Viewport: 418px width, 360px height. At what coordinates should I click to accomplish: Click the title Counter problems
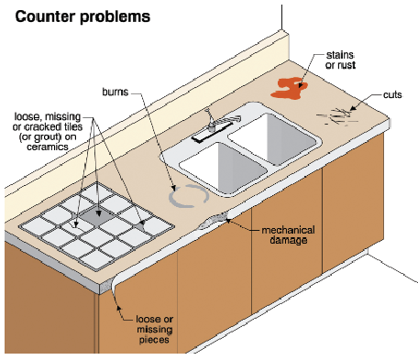82,16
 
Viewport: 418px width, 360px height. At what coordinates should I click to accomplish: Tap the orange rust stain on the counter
289,88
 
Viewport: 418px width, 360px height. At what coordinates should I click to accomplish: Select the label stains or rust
340,60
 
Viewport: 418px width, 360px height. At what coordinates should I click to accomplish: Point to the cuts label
392,95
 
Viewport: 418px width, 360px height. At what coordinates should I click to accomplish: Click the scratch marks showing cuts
337,117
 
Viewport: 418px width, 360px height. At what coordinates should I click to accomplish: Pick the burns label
115,92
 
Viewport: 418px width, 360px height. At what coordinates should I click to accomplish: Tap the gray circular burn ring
189,196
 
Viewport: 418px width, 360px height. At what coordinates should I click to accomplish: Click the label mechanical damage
288,235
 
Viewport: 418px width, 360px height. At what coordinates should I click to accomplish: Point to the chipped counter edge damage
214,221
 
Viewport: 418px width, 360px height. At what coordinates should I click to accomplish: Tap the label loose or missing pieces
154,330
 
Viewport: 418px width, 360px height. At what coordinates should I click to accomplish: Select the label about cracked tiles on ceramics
48,132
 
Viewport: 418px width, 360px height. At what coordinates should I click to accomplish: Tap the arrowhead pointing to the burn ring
173,188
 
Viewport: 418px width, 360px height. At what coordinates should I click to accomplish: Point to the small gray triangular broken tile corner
141,226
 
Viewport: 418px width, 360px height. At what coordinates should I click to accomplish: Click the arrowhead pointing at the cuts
352,108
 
